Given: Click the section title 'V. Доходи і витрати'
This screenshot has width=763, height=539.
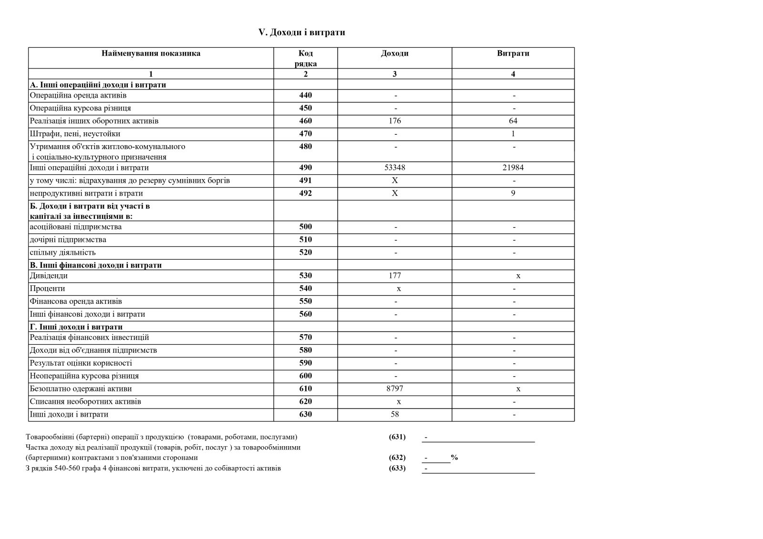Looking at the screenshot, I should [x=301, y=32].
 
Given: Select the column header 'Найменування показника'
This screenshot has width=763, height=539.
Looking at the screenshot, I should [x=151, y=53].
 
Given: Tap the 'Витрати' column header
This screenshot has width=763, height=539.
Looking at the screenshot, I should [x=513, y=53].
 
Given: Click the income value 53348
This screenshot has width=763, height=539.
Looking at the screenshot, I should [x=395, y=168].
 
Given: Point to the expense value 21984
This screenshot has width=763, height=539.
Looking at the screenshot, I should [x=513, y=168].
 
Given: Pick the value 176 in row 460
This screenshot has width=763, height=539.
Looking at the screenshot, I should [x=395, y=121].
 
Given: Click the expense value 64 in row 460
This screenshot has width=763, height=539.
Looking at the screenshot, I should [x=513, y=121].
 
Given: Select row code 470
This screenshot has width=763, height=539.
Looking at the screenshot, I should [x=305, y=134].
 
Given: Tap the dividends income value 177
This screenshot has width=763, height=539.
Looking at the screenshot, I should [x=395, y=276].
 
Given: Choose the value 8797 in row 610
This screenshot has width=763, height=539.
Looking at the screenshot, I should [x=395, y=389].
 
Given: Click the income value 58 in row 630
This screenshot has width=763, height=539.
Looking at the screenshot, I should [x=395, y=414].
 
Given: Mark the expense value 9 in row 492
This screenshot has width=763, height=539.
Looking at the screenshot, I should [x=513, y=193].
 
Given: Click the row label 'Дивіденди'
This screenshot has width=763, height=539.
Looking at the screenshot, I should [x=49, y=276].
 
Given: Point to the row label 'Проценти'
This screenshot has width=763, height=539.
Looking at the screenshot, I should [x=47, y=289].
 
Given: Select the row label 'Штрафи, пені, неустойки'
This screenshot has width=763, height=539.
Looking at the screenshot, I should [x=75, y=134].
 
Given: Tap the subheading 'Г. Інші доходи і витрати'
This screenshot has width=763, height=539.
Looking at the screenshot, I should [x=76, y=327].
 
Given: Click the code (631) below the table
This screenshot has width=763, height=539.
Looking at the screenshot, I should [x=397, y=437].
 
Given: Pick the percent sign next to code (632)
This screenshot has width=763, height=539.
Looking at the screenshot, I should [x=454, y=458].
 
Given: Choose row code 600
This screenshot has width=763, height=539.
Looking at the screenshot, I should [x=305, y=376].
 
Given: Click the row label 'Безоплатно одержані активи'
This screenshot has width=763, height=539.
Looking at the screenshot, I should [x=81, y=389].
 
